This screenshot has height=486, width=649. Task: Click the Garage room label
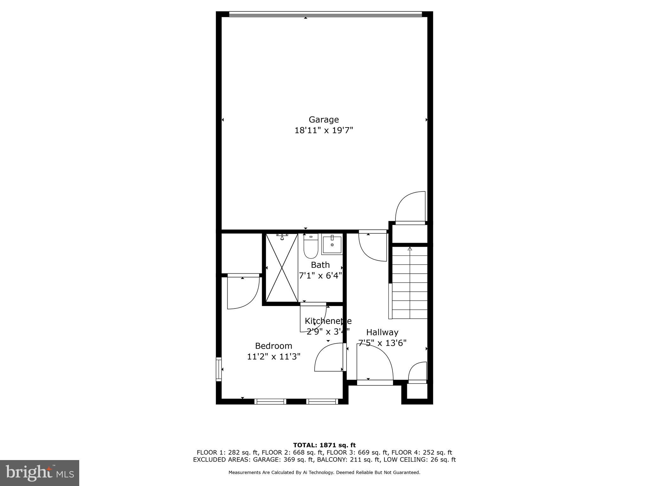(324, 120)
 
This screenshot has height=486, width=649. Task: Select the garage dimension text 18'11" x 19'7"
(324, 130)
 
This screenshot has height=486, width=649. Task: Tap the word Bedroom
(273, 346)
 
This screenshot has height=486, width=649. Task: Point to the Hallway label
(382, 332)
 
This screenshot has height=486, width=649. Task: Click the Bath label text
(320, 265)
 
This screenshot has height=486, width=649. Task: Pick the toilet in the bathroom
(311, 247)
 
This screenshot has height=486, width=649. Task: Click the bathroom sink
(332, 244)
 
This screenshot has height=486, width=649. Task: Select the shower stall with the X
(281, 268)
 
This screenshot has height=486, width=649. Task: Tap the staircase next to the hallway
(410, 283)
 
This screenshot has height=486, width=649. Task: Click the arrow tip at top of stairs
(410, 248)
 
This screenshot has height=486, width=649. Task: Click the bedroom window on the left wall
(219, 369)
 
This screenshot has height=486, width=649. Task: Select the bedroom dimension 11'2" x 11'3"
(273, 357)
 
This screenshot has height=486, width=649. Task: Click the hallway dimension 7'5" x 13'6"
(382, 343)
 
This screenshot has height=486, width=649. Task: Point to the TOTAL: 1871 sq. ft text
(324, 445)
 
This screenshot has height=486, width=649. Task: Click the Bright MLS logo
(40, 473)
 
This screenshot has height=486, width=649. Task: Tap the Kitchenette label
(328, 321)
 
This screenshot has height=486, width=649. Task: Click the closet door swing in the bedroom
(243, 293)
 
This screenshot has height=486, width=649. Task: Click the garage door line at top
(325, 14)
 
